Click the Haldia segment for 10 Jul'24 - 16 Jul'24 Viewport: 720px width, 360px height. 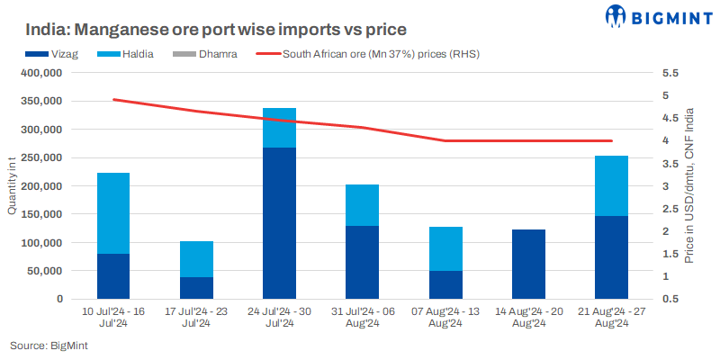pos(113,213)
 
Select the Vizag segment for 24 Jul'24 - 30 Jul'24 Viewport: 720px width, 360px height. pos(279,222)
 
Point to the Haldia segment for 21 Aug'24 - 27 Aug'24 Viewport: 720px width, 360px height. pos(612,185)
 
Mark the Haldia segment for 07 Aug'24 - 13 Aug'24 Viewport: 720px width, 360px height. pos(445,248)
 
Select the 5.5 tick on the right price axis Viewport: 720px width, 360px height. pos(667,73)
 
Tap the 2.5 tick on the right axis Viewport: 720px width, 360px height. pos(667,209)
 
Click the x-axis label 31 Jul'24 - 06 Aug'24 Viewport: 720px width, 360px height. pos(362,317)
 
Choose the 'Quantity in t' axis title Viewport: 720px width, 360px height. pos(13,185)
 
